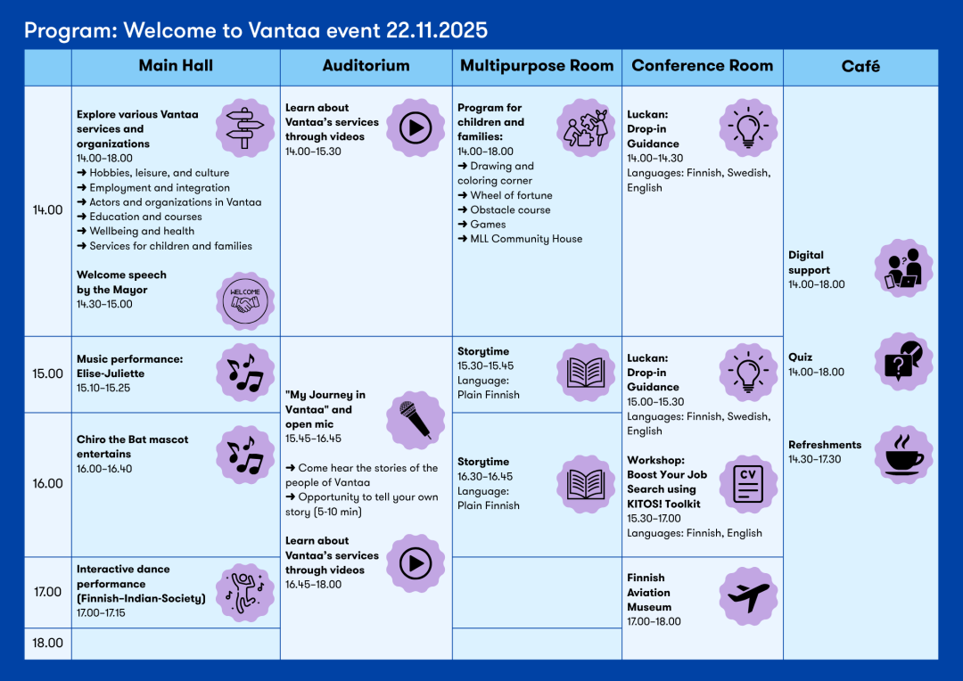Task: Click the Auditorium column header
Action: (366, 66)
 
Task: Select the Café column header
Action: (860, 66)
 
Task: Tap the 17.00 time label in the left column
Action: (47, 592)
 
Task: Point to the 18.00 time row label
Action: (47, 643)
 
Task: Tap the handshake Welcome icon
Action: (245, 301)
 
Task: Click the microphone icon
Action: (416, 419)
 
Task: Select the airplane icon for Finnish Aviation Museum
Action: (748, 595)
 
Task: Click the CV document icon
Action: (748, 484)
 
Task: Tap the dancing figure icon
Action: (245, 592)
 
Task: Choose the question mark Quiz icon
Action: (904, 361)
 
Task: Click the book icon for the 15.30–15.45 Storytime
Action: (586, 373)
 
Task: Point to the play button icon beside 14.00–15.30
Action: (416, 128)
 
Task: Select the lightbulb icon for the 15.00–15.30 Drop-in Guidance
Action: (748, 373)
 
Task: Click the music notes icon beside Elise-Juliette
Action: (245, 373)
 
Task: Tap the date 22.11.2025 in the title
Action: (437, 30)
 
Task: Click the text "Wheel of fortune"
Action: (511, 195)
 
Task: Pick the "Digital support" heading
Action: (809, 262)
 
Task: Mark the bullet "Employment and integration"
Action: (159, 188)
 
